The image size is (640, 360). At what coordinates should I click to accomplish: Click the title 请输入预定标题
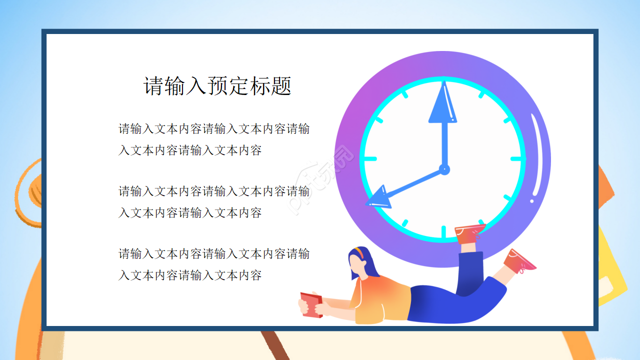(217, 86)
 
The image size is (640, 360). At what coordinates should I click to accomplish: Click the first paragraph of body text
(214, 139)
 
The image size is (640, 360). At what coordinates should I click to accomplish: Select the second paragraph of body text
(214, 202)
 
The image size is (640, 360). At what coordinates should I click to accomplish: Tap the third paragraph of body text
(214, 264)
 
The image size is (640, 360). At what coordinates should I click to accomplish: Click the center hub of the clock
(443, 169)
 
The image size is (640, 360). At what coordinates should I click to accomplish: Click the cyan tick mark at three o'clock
(517, 158)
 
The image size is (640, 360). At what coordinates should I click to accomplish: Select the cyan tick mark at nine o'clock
(370, 158)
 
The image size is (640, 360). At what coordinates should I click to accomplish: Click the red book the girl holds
(310, 305)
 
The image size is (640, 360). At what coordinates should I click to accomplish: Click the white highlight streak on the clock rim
(537, 155)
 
